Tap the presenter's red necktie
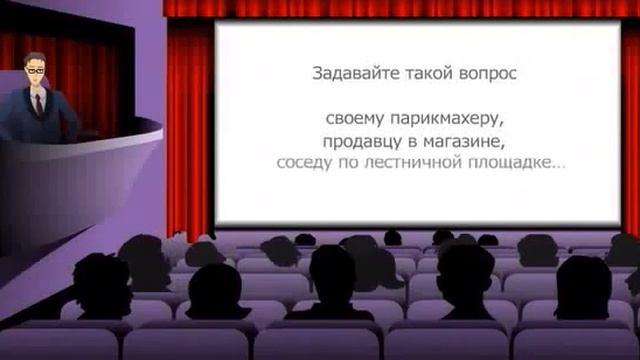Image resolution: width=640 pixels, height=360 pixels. point(38,104)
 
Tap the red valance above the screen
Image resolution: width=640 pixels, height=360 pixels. point(400,8)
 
